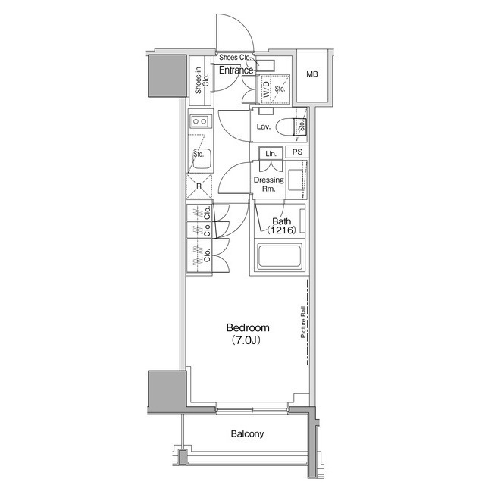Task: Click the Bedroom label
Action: [248, 327]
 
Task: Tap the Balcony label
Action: [248, 434]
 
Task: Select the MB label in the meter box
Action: [312, 74]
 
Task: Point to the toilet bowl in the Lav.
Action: [285, 127]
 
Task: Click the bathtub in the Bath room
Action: [280, 256]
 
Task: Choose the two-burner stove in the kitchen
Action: [199, 121]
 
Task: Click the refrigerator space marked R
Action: [199, 186]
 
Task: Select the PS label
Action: [297, 152]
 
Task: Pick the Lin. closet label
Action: [271, 154]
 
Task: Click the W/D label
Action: [266, 89]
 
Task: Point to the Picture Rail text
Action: [303, 322]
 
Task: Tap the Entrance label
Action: [236, 70]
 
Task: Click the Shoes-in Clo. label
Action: [202, 80]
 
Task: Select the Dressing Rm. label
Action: [269, 184]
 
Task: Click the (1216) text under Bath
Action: [281, 230]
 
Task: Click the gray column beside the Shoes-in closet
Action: [167, 76]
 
